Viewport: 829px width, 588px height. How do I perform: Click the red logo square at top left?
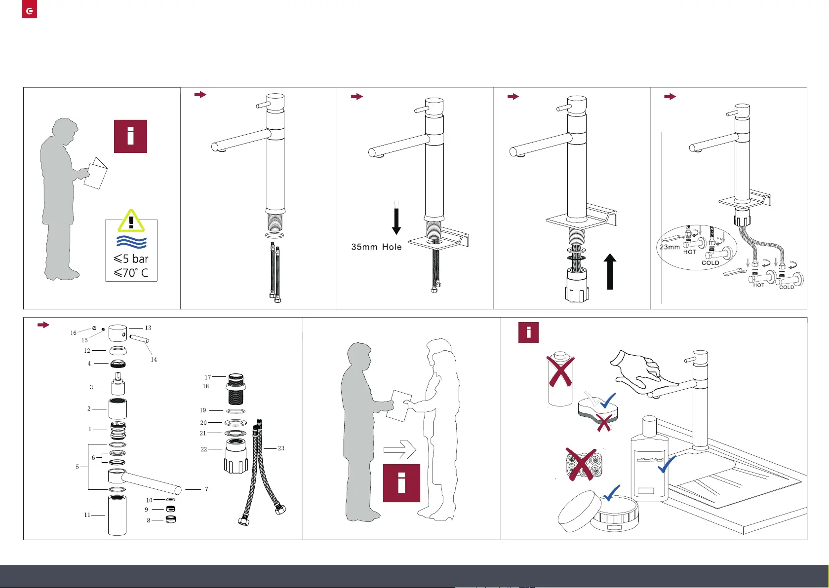[30, 10]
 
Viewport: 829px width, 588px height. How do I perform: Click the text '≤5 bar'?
[131, 259]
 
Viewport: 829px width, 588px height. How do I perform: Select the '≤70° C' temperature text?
[131, 273]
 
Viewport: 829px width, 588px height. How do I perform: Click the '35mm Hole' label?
[376, 247]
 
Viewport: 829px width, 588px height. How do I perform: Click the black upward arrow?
[610, 271]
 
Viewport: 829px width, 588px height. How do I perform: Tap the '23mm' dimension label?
[670, 247]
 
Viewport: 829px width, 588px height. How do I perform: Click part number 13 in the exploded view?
[148, 328]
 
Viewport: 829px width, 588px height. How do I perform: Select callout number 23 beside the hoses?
[281, 448]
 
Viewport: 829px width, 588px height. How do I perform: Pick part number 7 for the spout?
[206, 489]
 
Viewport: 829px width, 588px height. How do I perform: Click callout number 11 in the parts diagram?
[87, 515]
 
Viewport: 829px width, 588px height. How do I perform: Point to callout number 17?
[208, 377]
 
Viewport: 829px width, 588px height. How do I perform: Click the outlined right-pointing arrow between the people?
[400, 449]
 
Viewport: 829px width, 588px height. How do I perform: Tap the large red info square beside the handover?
[401, 483]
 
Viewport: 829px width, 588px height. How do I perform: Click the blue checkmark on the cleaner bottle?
[667, 464]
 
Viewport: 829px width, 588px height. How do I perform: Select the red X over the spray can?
[561, 371]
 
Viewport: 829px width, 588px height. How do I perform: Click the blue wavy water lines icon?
[131, 242]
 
